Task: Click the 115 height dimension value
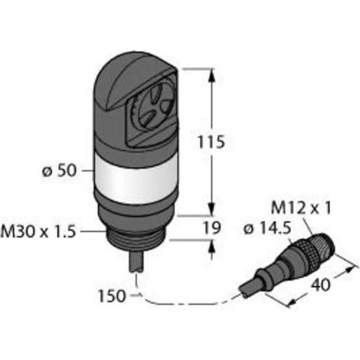[211, 142]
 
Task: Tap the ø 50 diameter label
[59, 171]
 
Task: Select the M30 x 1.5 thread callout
[38, 232]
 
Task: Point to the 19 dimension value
[211, 227]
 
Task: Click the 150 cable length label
[113, 296]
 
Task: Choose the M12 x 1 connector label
[300, 208]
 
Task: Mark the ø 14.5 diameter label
[267, 229]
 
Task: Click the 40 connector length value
[320, 284]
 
